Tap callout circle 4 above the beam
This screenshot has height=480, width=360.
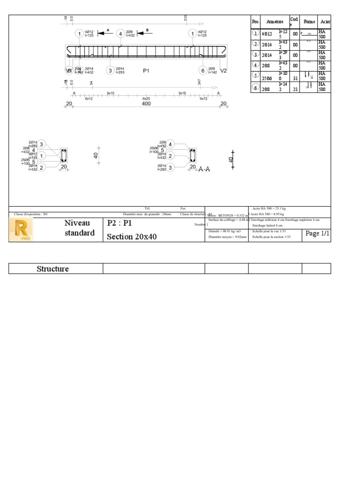[x=121, y=34]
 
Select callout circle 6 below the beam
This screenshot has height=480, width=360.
[x=202, y=70]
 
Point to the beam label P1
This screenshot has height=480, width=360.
[x=146, y=70]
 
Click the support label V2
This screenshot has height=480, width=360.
[x=223, y=70]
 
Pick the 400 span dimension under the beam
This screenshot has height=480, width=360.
[x=146, y=104]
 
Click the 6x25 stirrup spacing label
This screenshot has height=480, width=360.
[x=146, y=99]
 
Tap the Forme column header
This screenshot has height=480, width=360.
[x=309, y=22]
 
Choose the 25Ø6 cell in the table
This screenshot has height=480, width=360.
[x=267, y=78]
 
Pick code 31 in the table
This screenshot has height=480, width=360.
[x=295, y=78]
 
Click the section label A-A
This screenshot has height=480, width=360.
[x=204, y=169]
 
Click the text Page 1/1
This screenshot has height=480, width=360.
[x=318, y=233]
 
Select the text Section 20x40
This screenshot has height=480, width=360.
[x=132, y=237]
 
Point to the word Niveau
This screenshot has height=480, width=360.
[x=77, y=223]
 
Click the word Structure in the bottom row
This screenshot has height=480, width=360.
[x=52, y=269]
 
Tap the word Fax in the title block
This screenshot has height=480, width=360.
[x=183, y=209]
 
